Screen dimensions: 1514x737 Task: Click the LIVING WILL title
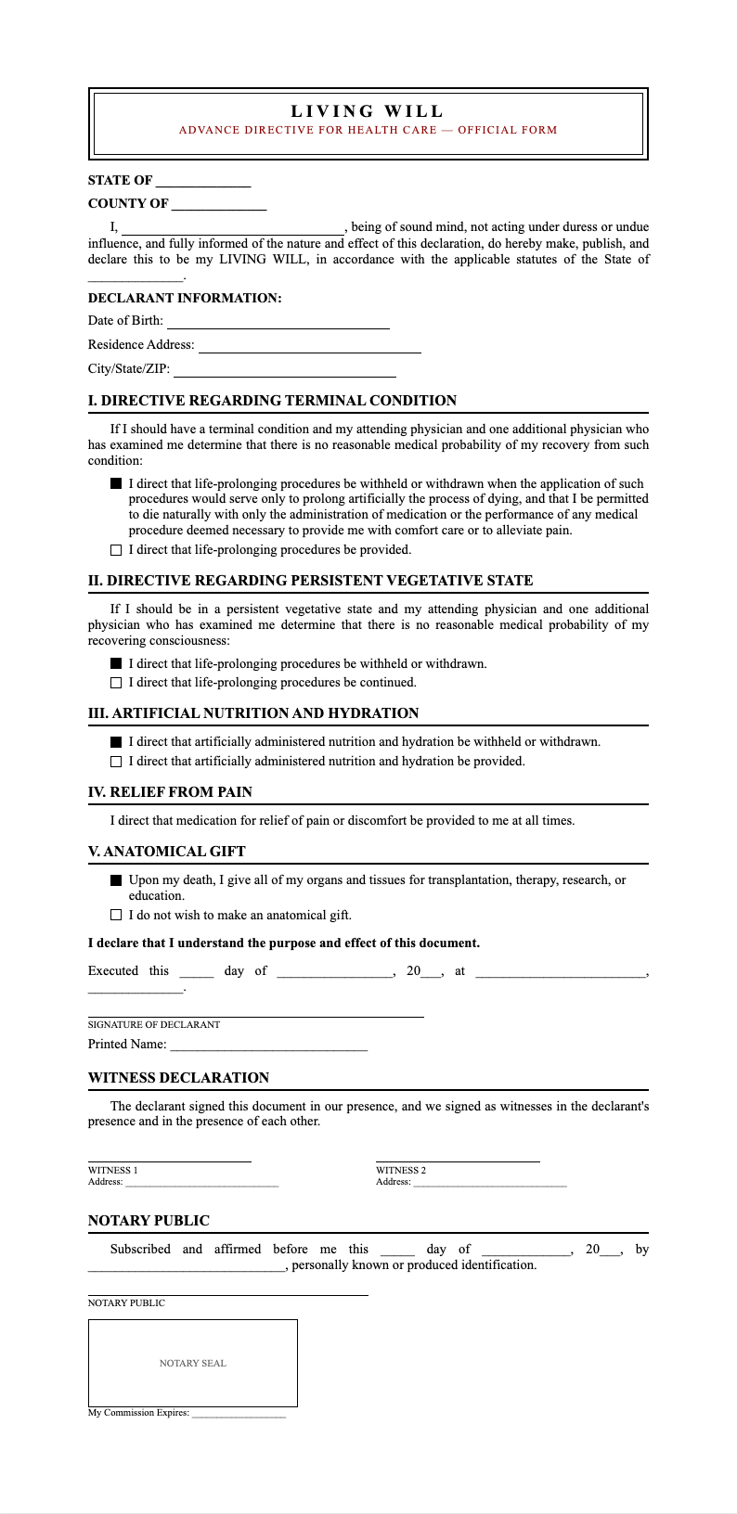click(368, 111)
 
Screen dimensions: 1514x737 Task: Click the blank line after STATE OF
click(203, 182)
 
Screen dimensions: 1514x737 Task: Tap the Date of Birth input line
click(278, 322)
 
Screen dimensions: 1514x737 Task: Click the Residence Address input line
click(309, 346)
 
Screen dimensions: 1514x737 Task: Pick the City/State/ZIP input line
click(284, 370)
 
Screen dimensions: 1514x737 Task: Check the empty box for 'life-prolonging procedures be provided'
click(116, 550)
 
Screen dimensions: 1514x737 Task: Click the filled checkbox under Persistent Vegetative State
click(116, 663)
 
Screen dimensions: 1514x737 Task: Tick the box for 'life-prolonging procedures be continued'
click(116, 683)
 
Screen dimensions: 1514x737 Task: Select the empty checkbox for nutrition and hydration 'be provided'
click(116, 762)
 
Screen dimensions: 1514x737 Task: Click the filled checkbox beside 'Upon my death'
click(116, 880)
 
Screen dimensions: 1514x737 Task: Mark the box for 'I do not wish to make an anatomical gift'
click(116, 915)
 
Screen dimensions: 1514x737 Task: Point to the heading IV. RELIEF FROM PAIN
click(170, 792)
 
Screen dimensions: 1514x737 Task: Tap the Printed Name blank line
click(268, 1046)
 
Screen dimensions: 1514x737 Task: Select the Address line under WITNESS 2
click(489, 1183)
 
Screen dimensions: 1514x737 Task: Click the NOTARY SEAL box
click(193, 1363)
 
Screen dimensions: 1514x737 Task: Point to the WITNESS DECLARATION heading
click(178, 1078)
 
